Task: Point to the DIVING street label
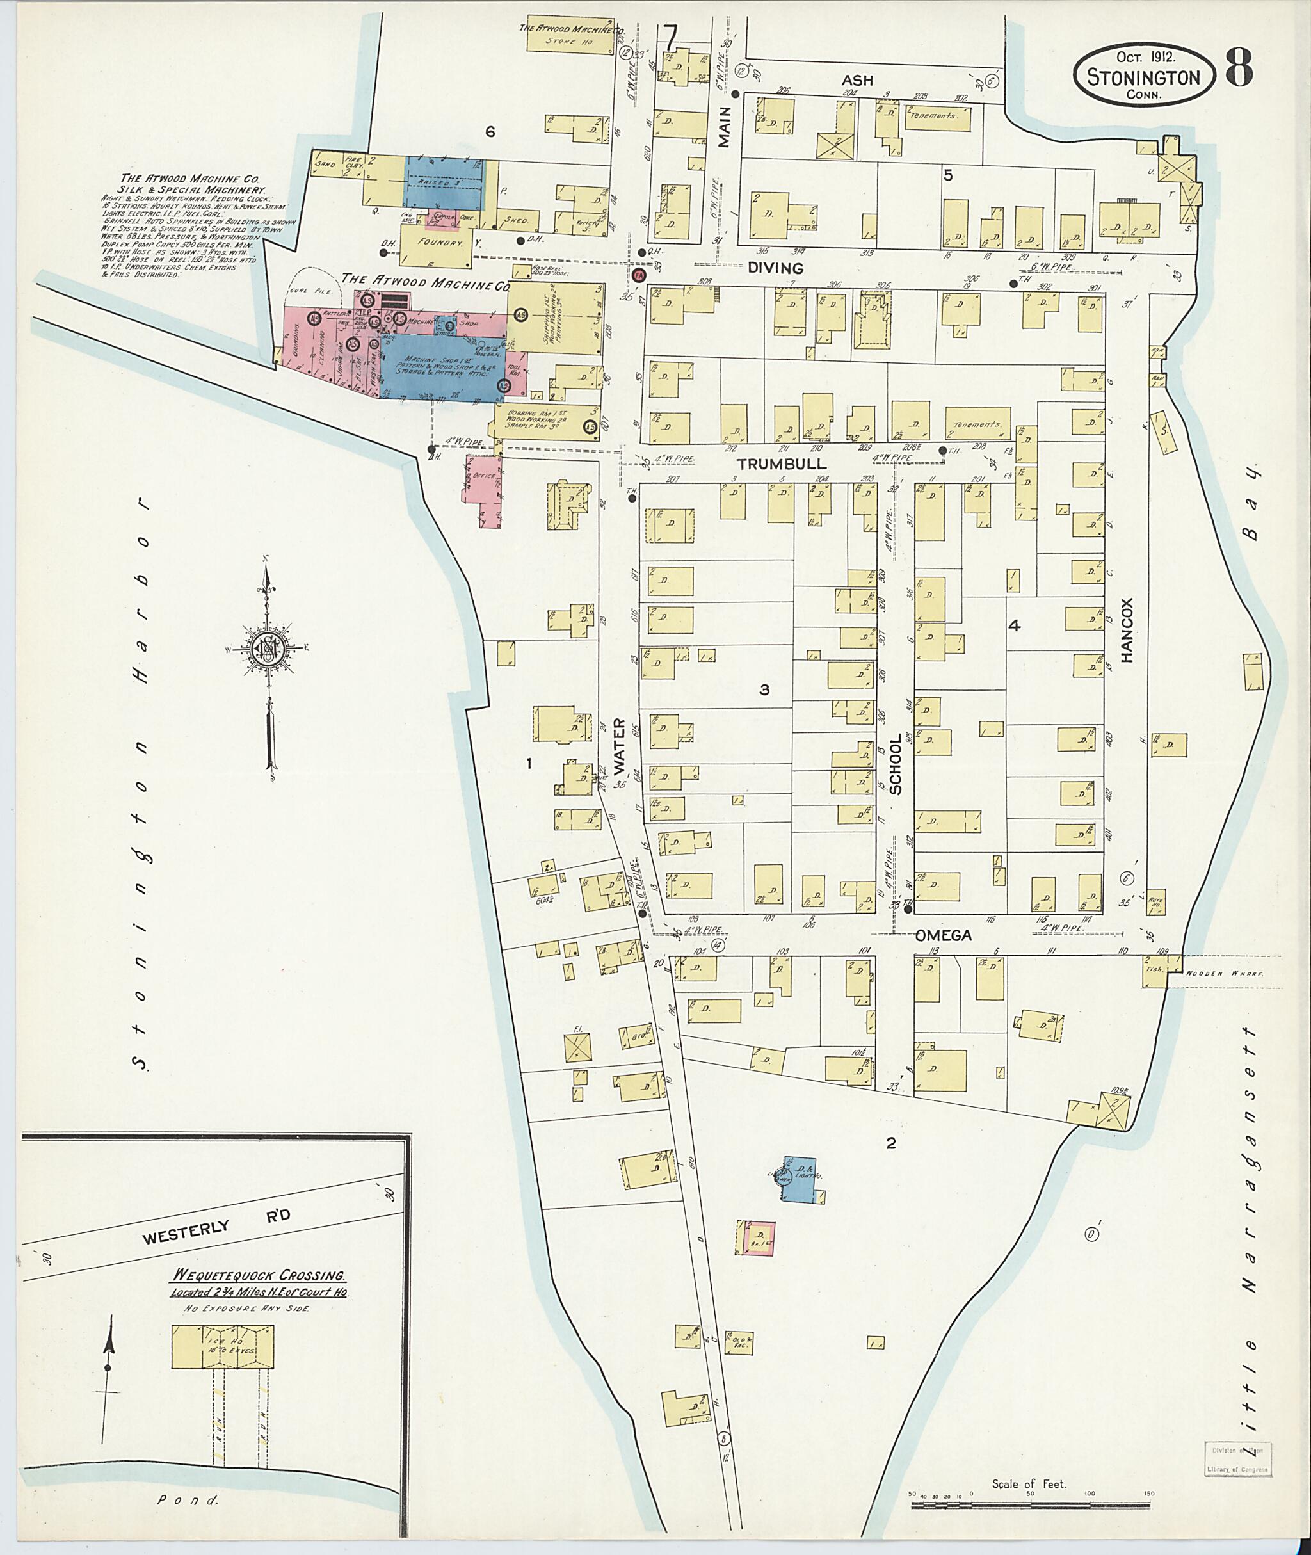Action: coord(775,268)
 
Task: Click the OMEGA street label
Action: coord(942,935)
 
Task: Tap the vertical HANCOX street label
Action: coord(1127,640)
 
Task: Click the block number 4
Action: coord(1014,626)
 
